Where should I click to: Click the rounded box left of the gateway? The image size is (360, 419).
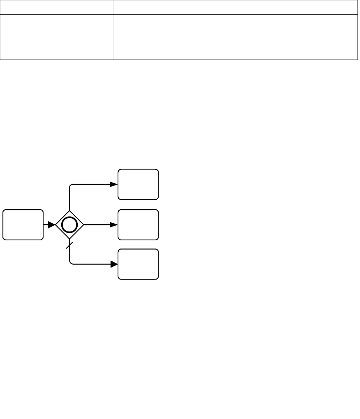click(23, 225)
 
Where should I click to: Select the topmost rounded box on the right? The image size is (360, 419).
click(138, 184)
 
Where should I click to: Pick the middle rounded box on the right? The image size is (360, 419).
click(138, 225)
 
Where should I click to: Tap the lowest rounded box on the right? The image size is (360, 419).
click(138, 264)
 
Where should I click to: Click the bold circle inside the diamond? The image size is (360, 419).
click(70, 225)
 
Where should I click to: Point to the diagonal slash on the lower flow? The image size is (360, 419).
click(70, 246)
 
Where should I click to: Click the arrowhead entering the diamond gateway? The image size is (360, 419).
click(51, 225)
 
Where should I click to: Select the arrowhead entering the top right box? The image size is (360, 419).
click(114, 184)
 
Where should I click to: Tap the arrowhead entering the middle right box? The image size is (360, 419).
click(114, 225)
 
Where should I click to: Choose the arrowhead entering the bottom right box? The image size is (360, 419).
click(114, 264)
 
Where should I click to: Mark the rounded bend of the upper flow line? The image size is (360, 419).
click(71, 186)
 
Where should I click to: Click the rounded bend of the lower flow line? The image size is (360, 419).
click(71, 263)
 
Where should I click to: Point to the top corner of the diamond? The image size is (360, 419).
click(70, 211)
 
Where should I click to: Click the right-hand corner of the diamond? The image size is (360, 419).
click(83, 225)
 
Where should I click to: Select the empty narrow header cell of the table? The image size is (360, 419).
click(57, 7)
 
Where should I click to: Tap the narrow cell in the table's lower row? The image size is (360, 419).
click(57, 37)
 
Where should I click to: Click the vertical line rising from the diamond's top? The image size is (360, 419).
click(70, 200)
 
